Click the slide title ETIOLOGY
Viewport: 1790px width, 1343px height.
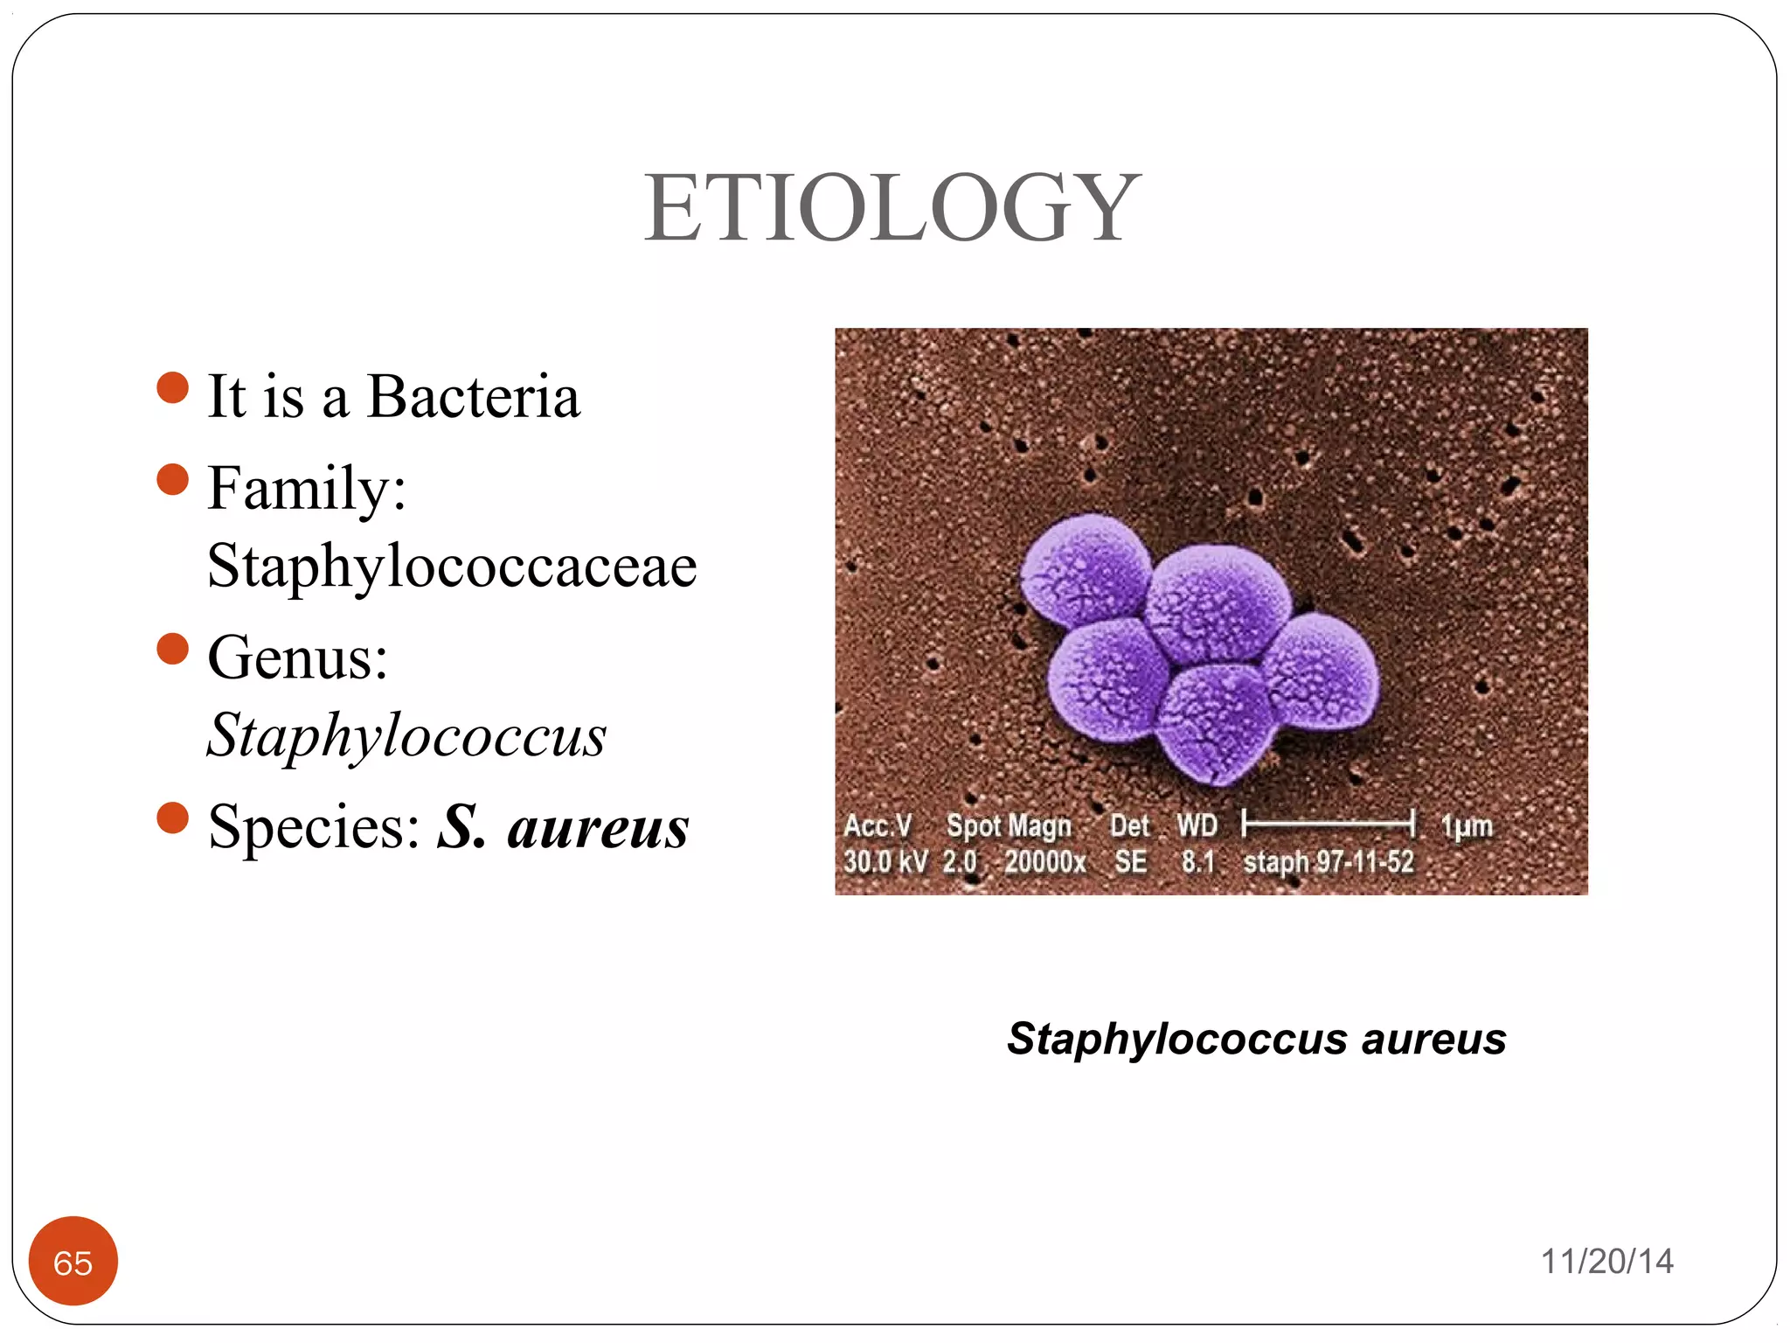click(892, 209)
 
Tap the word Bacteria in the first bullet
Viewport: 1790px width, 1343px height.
click(473, 397)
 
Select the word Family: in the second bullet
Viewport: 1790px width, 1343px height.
click(307, 489)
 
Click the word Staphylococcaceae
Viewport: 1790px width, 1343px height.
click(452, 566)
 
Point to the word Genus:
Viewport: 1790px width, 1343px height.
click(297, 658)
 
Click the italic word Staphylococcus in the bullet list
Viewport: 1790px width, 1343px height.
click(406, 735)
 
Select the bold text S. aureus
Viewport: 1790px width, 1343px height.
click(563, 826)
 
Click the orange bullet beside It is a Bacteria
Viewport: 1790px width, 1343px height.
click(173, 387)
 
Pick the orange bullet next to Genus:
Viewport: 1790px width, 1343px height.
click(173, 649)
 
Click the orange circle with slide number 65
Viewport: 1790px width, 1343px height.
click(73, 1261)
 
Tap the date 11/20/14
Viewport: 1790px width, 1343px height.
click(1606, 1261)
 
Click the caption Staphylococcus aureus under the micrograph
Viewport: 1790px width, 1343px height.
click(1256, 1039)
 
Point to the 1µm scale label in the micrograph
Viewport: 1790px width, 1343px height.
click(1466, 825)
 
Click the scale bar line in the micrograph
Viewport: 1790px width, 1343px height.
click(1328, 822)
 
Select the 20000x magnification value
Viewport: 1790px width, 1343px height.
click(1044, 862)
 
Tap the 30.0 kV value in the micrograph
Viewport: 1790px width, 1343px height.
click(885, 862)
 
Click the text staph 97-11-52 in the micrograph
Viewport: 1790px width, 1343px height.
click(1328, 862)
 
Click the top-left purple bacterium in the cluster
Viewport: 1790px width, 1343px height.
click(1086, 568)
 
